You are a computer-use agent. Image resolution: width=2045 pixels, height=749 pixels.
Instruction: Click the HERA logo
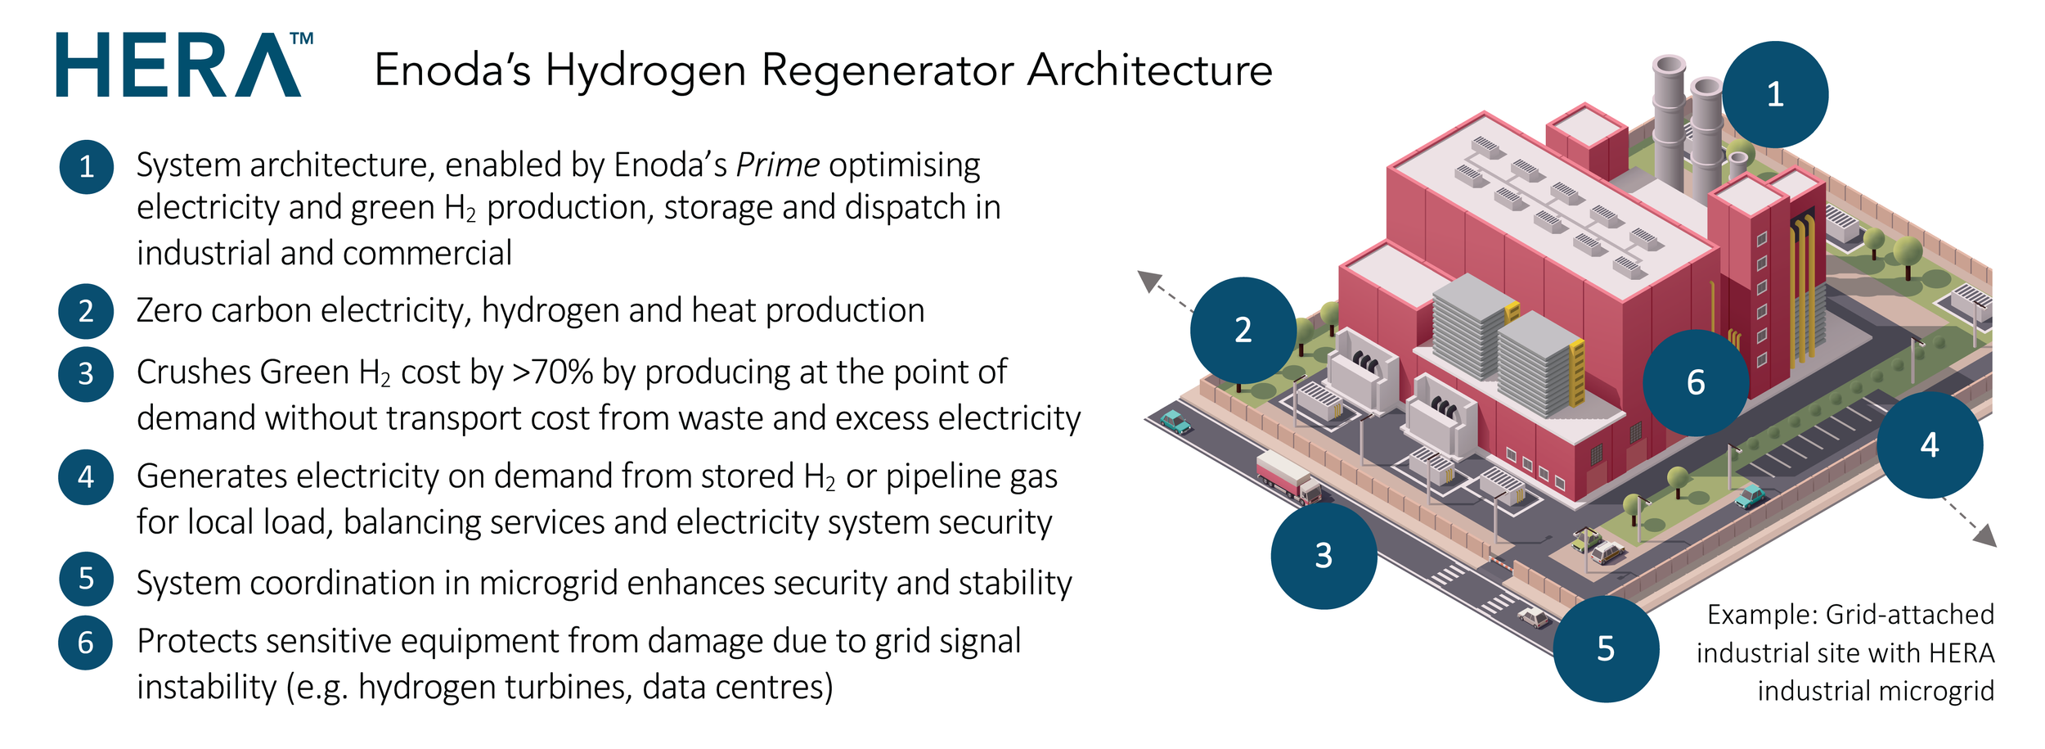coord(178,65)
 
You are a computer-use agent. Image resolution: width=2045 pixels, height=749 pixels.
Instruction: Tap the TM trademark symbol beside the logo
coord(302,38)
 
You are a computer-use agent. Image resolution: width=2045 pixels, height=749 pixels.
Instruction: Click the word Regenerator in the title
coord(888,70)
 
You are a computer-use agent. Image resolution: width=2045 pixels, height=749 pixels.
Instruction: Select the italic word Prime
coord(777,165)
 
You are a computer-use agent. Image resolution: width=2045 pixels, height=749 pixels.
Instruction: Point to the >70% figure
coord(552,372)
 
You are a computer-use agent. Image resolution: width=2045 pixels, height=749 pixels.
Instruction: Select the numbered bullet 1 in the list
coord(86,167)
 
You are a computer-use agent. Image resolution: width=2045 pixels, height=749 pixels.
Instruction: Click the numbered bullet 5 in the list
coord(86,579)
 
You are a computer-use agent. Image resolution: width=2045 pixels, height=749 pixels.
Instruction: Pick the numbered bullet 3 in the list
coord(86,374)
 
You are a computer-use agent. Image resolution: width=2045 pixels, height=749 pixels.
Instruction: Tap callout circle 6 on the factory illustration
coord(1696,383)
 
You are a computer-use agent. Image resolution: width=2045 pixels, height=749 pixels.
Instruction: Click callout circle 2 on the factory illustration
coord(1243,330)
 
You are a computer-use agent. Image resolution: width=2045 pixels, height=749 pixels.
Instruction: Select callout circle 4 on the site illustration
coord(1929,445)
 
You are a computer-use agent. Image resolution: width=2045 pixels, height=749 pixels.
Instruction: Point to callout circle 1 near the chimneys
coord(1774,95)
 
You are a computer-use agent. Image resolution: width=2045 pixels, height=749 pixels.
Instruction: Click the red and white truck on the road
coord(1288,477)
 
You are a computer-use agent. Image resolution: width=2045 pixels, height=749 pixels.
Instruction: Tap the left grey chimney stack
coord(1669,123)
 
